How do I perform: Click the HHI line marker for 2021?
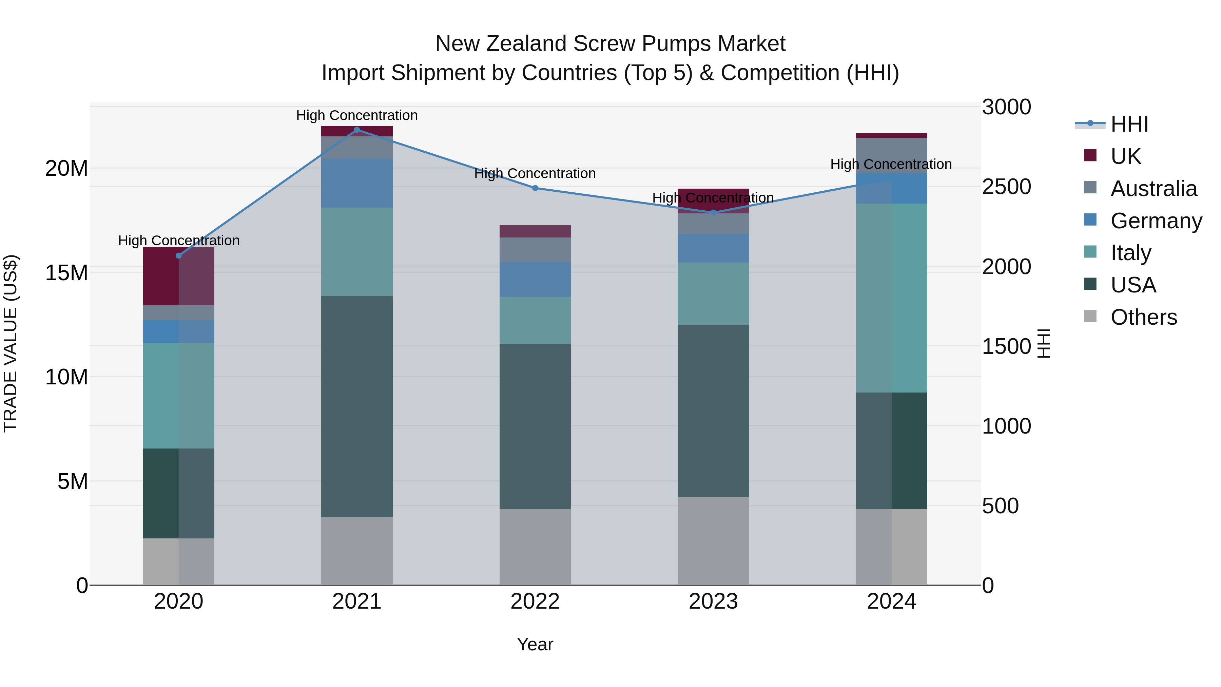357,130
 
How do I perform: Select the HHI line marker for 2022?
535,188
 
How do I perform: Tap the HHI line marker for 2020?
179,255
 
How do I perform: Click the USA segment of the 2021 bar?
357,406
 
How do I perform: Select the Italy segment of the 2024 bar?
892,298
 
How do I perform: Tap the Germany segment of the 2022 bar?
535,279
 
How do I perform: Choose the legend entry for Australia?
1153,188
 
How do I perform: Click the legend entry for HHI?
1129,124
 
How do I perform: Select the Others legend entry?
1143,317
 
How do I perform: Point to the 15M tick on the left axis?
66,273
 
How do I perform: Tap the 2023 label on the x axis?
713,601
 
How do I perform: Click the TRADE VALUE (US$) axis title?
11,343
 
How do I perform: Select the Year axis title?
535,644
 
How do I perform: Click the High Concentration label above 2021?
357,115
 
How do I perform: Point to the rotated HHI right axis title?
1044,343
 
